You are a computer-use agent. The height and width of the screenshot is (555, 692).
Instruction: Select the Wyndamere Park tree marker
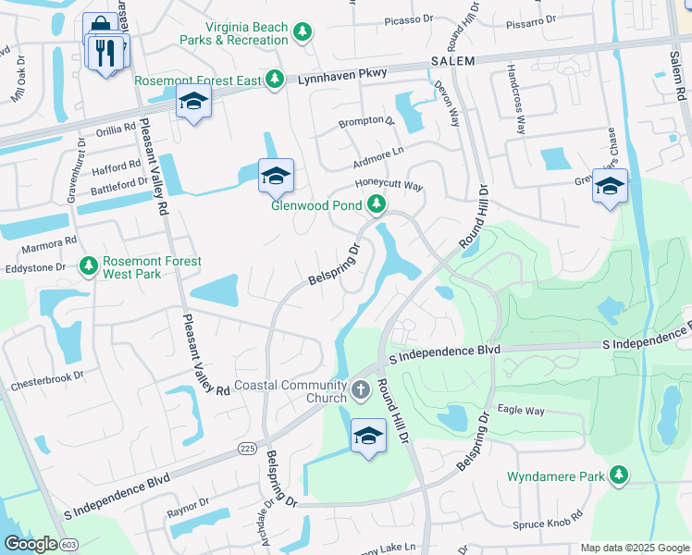(x=618, y=476)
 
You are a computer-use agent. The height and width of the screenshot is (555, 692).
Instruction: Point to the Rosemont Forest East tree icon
(x=275, y=81)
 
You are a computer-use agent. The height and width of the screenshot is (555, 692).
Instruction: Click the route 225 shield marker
(x=246, y=449)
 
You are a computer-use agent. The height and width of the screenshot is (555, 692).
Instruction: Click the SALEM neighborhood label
(x=452, y=61)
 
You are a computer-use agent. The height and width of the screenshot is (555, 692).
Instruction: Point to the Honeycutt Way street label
(x=389, y=186)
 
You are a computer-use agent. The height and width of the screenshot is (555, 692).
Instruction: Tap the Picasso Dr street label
(x=405, y=18)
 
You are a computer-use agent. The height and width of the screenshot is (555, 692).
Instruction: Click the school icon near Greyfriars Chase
(x=610, y=187)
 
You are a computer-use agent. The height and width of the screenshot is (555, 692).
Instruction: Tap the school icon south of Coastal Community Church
(x=368, y=436)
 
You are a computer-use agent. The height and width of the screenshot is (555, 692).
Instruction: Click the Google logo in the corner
(x=31, y=544)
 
